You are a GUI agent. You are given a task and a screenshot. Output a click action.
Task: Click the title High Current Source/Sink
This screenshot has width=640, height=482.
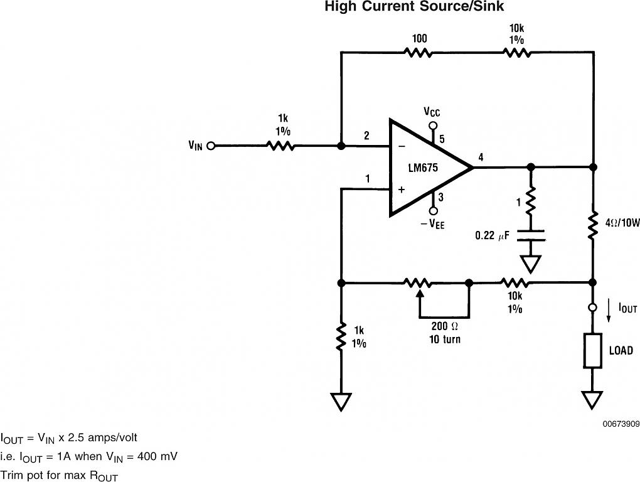coord(414,7)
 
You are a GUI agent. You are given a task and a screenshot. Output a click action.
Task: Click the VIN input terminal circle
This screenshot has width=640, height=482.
coord(211,146)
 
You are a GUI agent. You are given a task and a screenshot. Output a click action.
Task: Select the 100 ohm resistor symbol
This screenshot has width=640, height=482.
coord(419,53)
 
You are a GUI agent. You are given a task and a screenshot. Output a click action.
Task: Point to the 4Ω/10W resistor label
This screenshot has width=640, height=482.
coord(618,222)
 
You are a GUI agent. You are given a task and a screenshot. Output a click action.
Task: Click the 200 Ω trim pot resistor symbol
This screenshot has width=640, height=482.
coord(419,283)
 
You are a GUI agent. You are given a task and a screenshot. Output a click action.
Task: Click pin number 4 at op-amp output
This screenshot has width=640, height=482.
coord(481,157)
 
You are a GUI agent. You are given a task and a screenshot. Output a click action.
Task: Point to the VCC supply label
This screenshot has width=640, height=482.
coord(432,112)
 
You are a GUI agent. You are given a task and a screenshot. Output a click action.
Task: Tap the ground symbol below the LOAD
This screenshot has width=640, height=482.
coord(592,399)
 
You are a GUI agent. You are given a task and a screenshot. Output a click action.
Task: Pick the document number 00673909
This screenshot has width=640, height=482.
coord(621,424)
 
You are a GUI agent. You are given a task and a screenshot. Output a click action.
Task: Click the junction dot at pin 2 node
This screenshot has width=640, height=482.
coord(341,146)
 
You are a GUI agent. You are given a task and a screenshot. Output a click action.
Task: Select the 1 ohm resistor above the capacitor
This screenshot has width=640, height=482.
coord(530,201)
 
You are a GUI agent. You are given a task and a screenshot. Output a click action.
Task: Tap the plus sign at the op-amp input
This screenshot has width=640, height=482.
coord(402,189)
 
